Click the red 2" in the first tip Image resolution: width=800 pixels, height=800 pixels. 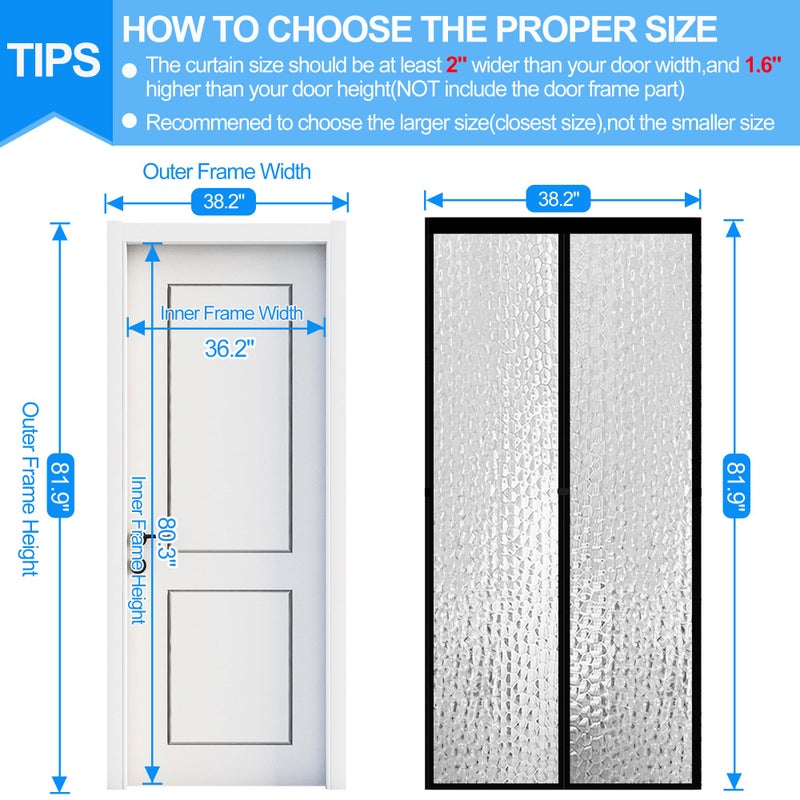tap(456, 66)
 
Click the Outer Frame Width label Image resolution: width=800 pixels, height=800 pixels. tap(226, 171)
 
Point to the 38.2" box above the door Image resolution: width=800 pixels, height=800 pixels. tap(224, 201)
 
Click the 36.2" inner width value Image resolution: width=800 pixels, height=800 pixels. tap(230, 348)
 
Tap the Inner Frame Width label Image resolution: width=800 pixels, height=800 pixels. tap(231, 313)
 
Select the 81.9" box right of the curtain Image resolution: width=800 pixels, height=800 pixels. tap(735, 484)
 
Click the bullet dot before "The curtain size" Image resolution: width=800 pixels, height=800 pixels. tap(130, 68)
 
